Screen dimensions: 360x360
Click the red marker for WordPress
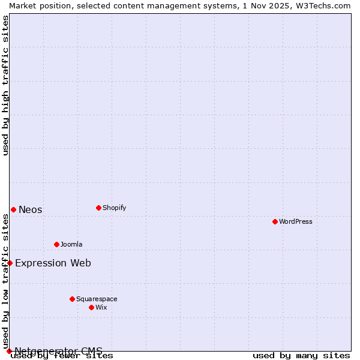click(x=275, y=221)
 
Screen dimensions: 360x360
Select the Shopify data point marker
click(x=98, y=208)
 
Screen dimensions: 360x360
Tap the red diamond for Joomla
click(x=56, y=244)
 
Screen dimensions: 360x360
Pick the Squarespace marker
click(x=72, y=299)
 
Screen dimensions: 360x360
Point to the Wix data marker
click(x=91, y=307)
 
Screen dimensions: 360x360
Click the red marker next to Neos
click(x=13, y=209)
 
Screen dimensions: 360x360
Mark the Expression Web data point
click(x=10, y=263)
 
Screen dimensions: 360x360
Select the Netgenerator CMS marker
click(x=9, y=351)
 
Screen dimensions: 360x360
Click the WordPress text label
click(x=296, y=221)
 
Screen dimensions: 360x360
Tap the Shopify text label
click(x=114, y=208)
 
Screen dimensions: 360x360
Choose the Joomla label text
click(x=71, y=244)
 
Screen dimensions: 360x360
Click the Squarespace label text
click(x=97, y=299)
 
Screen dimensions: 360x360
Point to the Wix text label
click(x=101, y=307)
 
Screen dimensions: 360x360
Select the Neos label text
click(x=31, y=209)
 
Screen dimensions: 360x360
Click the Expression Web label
click(x=53, y=263)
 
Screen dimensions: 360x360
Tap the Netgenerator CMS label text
click(x=58, y=351)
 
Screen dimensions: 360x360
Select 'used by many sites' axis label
click(x=301, y=356)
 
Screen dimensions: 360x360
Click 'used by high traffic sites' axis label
click(x=6, y=85)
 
